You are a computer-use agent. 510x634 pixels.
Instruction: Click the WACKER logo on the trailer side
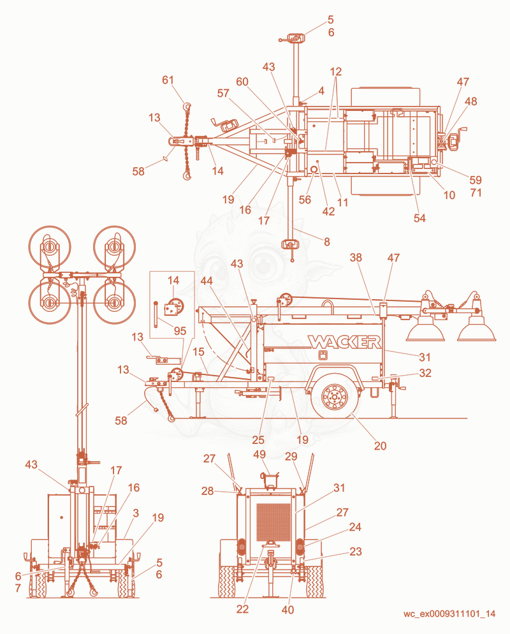click(344, 342)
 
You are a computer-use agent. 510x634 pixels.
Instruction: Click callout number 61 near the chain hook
click(168, 80)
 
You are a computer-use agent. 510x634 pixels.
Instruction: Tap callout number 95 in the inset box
click(180, 331)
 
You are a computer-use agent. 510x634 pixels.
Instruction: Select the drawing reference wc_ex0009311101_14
click(449, 614)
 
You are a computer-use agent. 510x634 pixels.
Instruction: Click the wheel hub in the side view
click(334, 396)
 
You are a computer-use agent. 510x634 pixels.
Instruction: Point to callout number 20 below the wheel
click(380, 446)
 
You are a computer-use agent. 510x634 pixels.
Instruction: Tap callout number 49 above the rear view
click(259, 455)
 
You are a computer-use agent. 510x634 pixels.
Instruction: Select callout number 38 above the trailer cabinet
click(356, 258)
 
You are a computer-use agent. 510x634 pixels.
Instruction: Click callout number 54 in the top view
click(419, 218)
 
